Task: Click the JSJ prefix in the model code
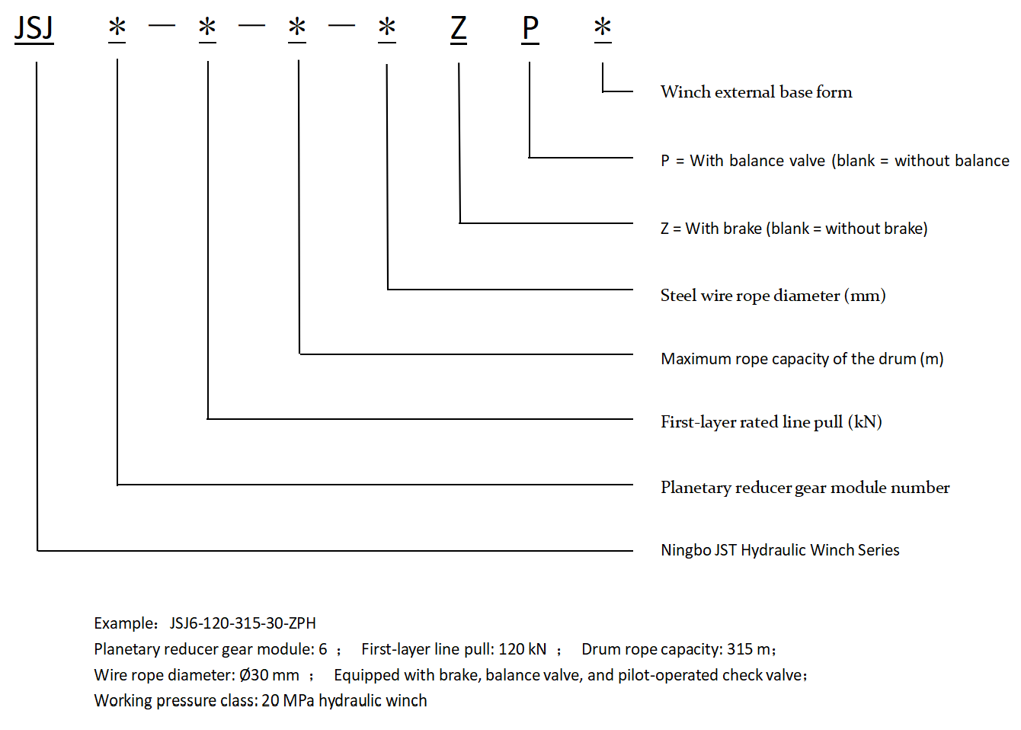coord(34,28)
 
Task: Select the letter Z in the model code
coord(458,28)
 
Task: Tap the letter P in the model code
coord(530,28)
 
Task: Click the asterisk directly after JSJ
coord(117,28)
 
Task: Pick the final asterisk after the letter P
coord(603,28)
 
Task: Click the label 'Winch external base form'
coord(756,92)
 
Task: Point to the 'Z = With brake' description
coord(793,229)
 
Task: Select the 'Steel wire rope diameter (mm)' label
coord(773,296)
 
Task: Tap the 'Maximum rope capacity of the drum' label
coord(802,359)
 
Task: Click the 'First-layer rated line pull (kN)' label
coord(771,422)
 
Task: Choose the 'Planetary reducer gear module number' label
coord(805,488)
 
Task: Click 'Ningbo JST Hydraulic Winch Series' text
coord(779,550)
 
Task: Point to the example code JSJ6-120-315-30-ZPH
coord(242,623)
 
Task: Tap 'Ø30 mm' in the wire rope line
coord(269,675)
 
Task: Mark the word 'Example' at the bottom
coord(124,623)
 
